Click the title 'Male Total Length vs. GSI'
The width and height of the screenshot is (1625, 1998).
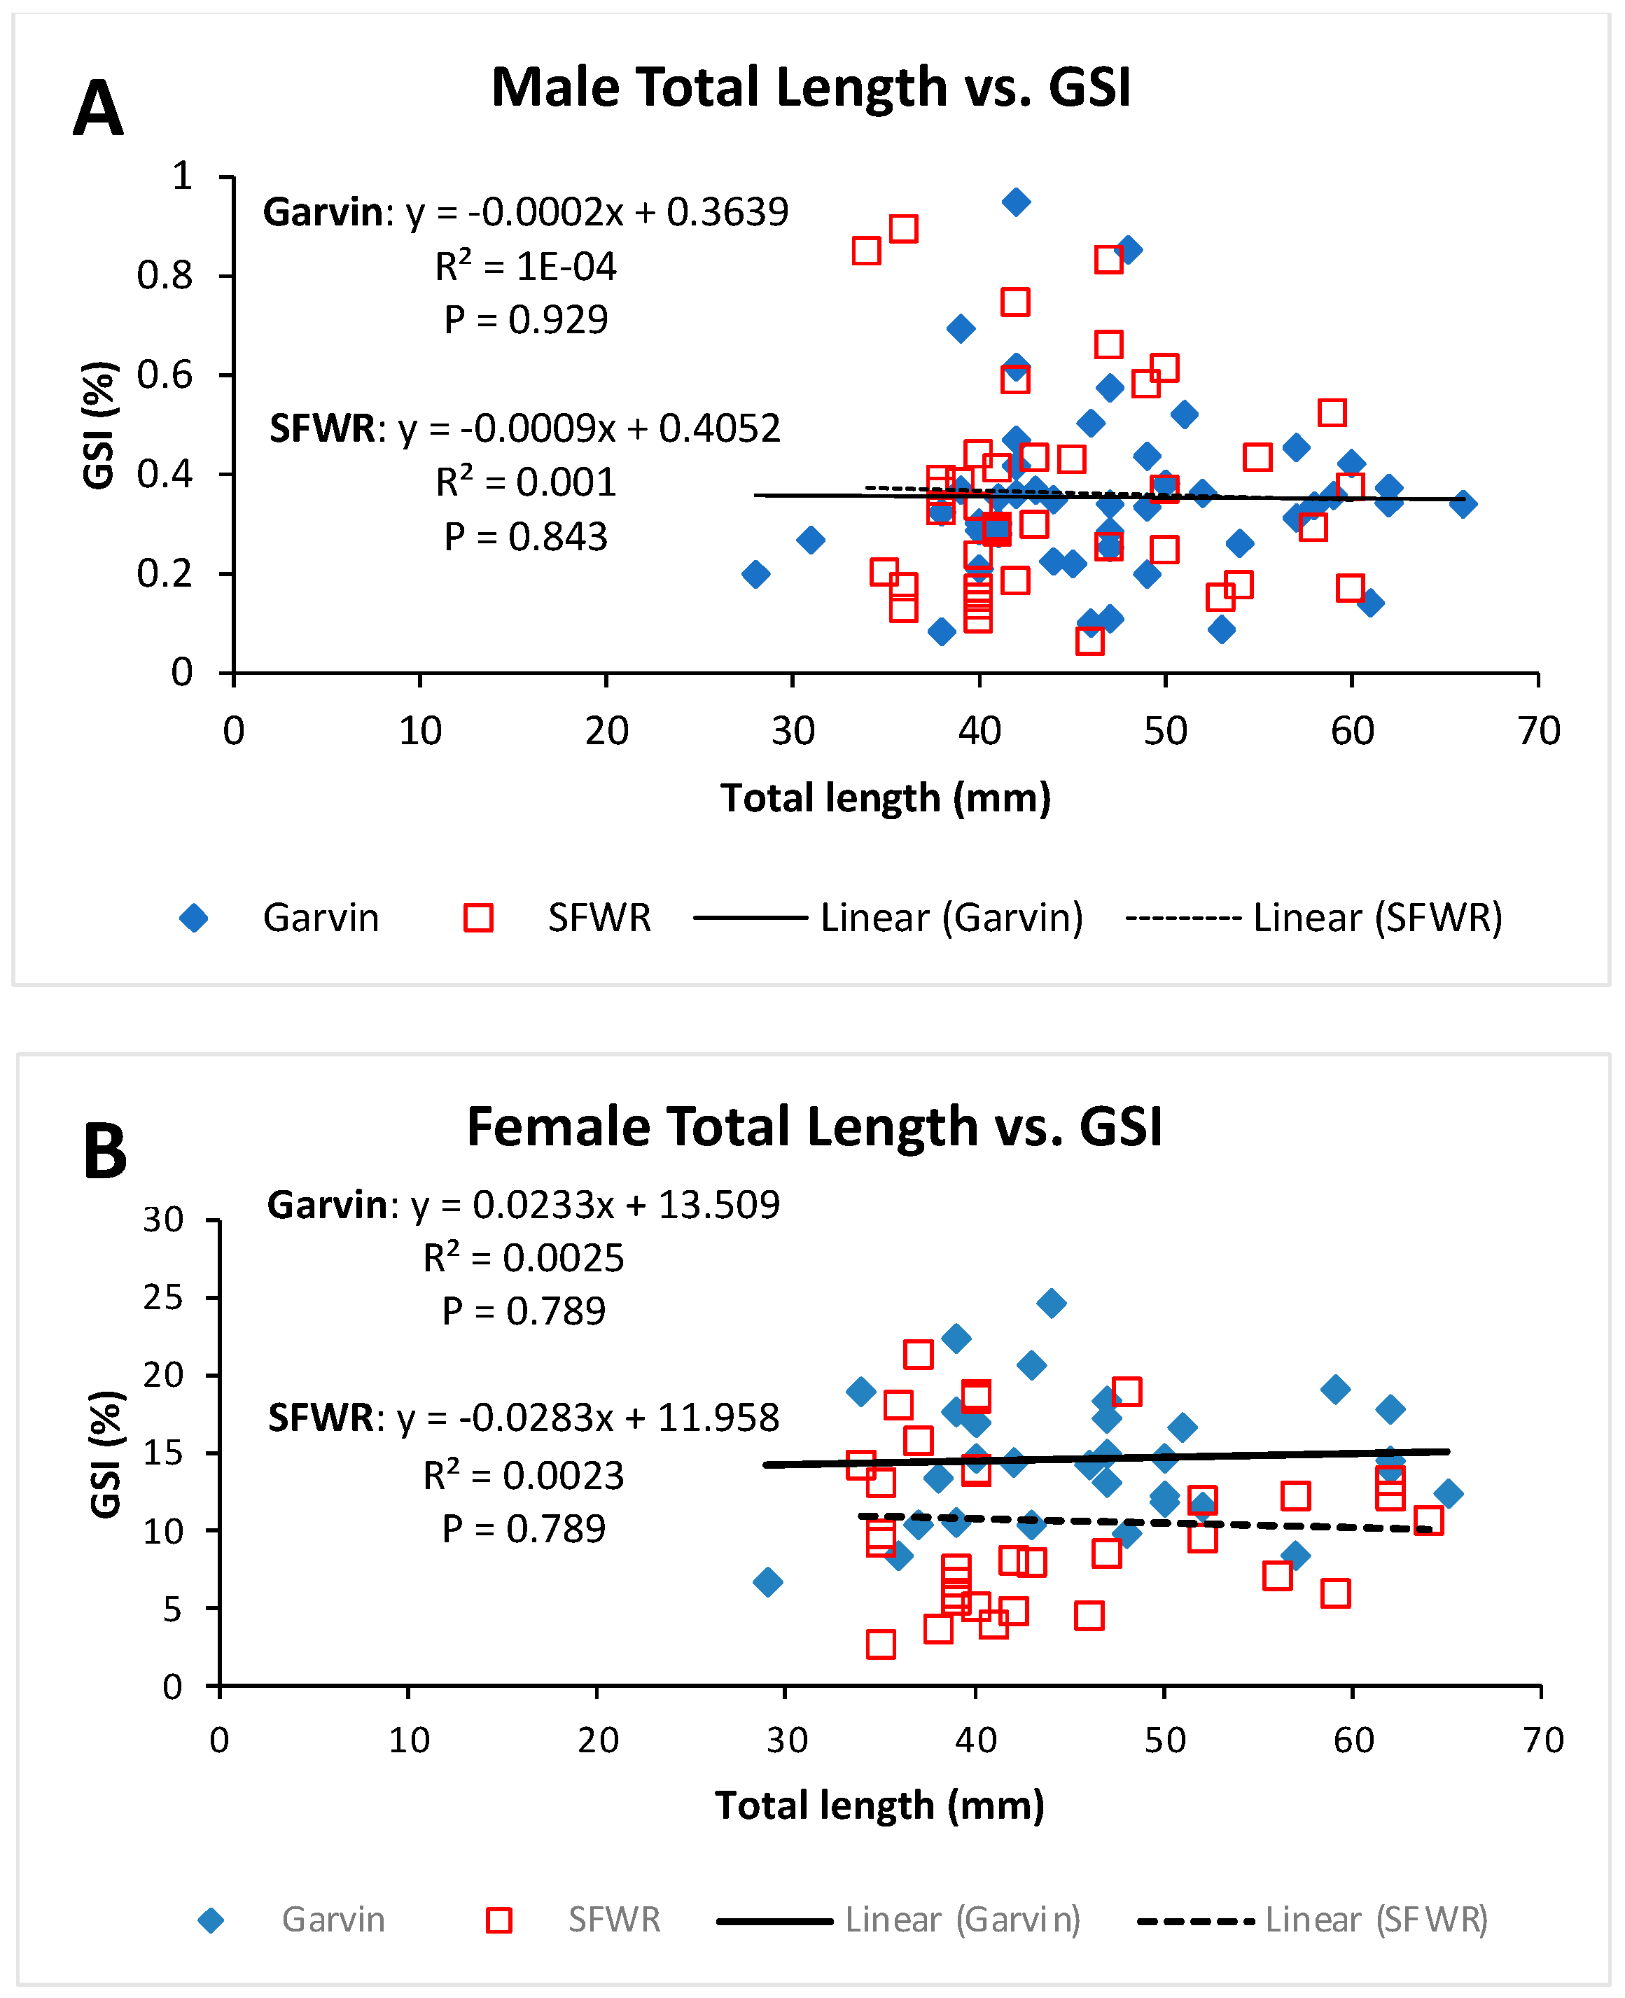point(811,87)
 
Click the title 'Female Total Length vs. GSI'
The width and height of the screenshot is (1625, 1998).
point(814,1126)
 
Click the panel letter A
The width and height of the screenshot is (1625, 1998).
point(98,109)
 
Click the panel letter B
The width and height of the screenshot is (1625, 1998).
point(105,1151)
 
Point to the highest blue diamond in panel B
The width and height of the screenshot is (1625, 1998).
point(1051,1303)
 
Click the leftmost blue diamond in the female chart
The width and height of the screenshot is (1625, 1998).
point(767,1582)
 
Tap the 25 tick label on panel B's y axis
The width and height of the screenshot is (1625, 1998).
point(163,1297)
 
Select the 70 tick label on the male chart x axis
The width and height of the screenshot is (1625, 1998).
point(1539,731)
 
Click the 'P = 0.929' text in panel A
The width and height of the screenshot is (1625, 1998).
point(525,320)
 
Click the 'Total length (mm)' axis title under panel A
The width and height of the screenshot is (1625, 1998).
point(886,798)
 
